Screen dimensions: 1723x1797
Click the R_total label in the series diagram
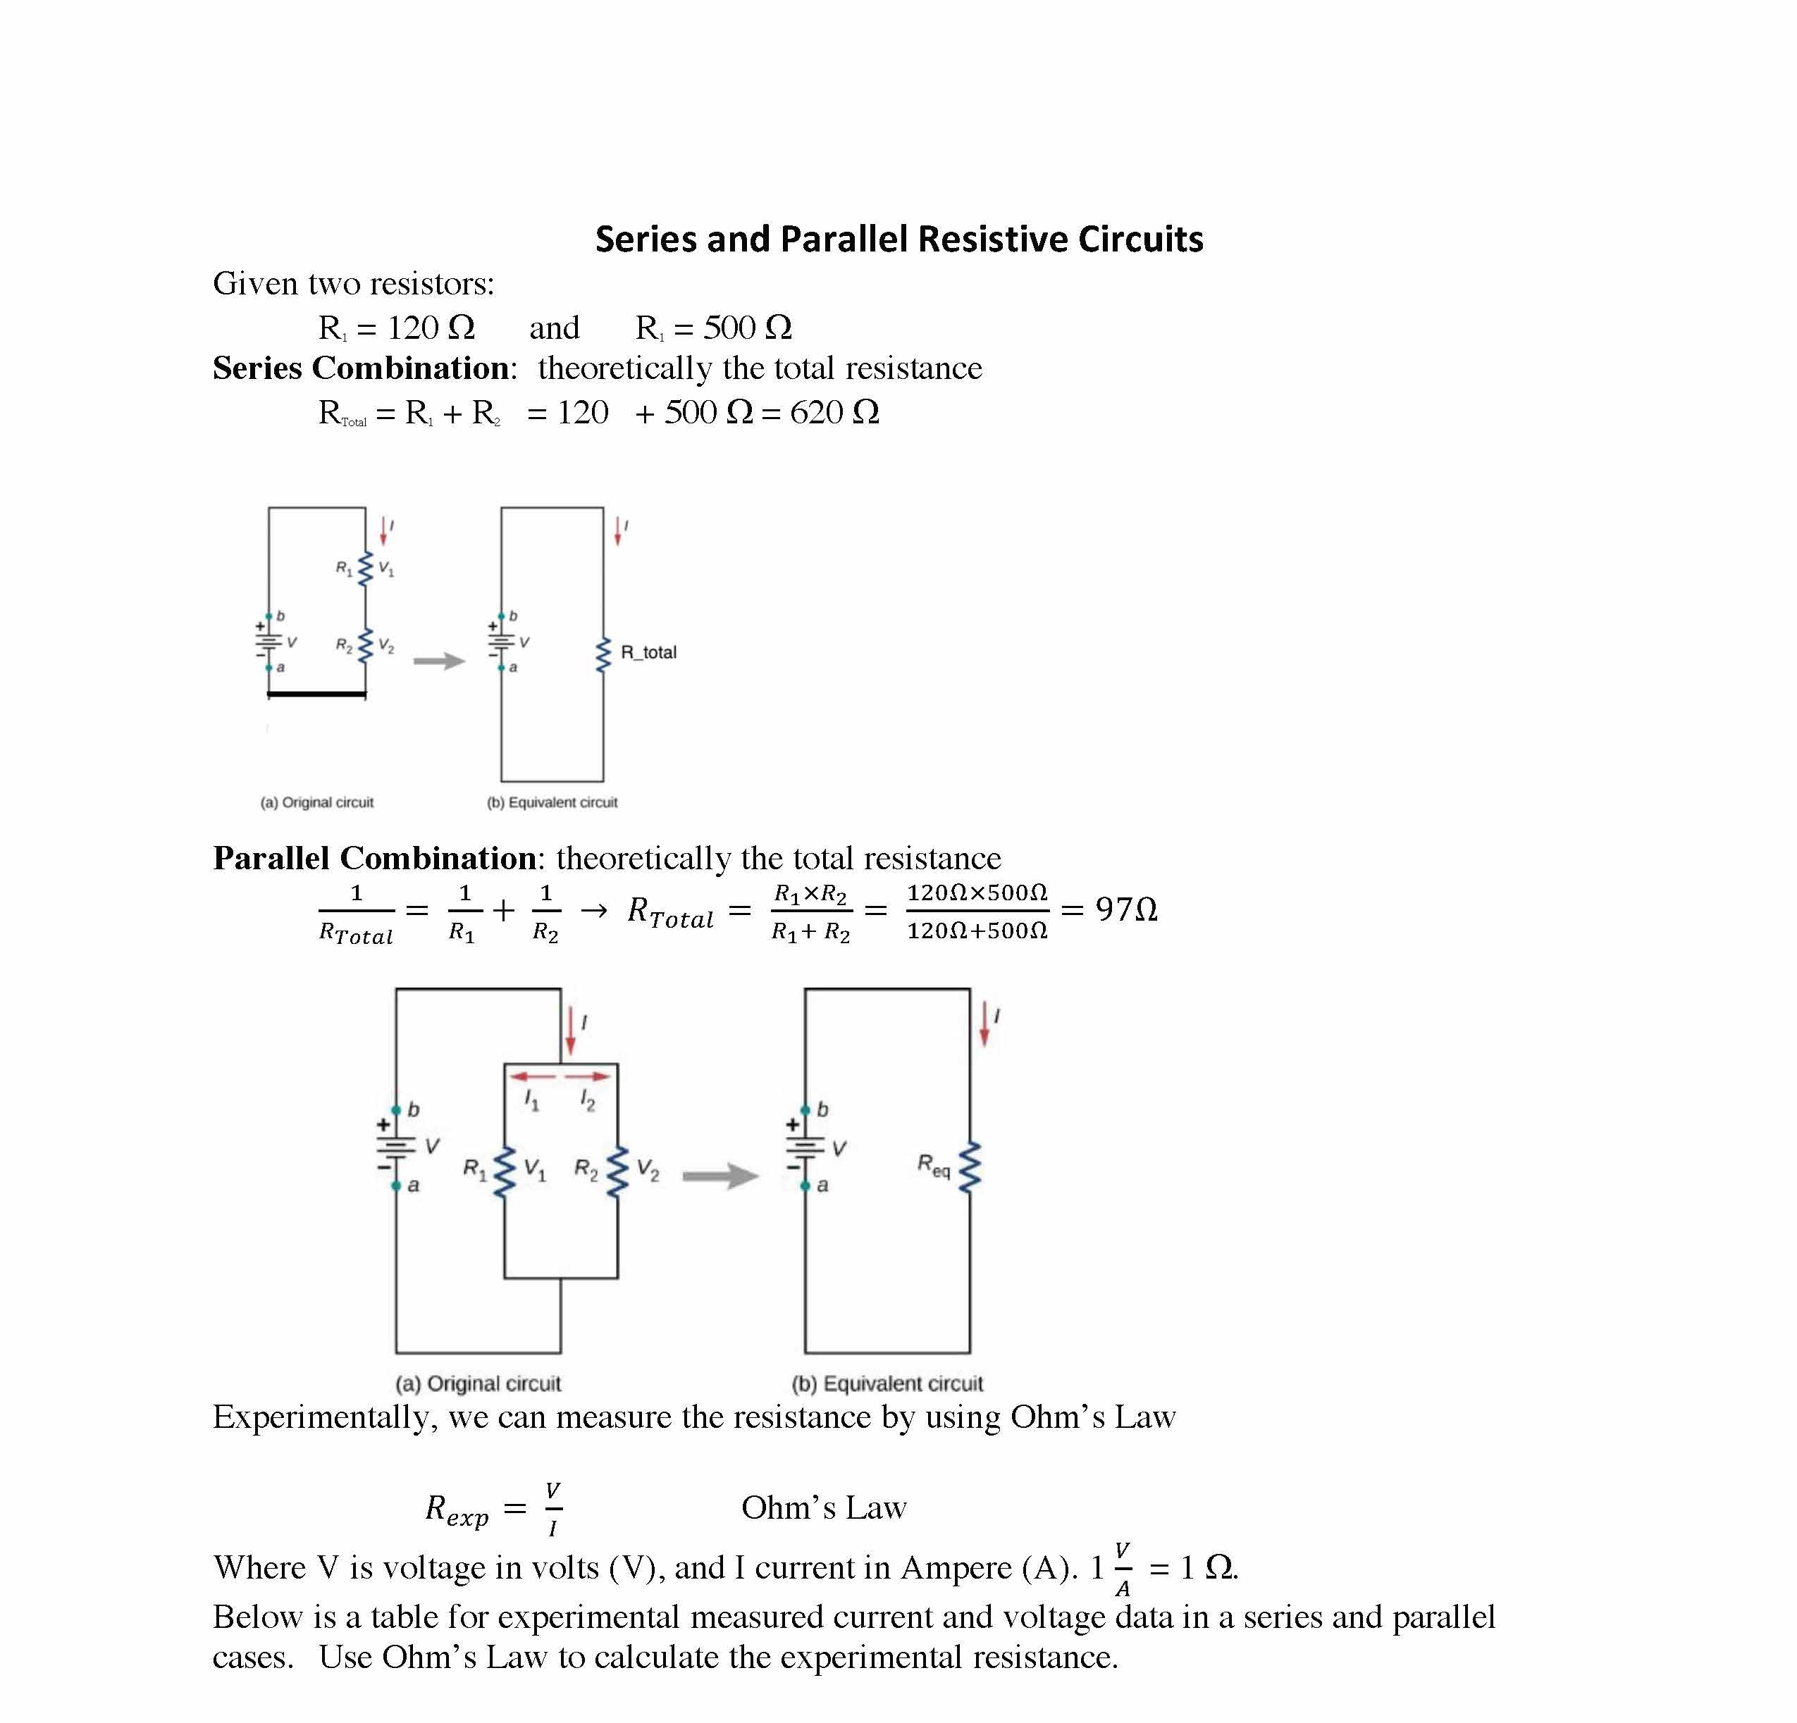(648, 652)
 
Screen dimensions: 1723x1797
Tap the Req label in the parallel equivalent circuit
(933, 1166)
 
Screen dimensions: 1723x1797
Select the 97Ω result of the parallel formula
(1126, 909)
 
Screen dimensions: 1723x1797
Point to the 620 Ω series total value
(834, 412)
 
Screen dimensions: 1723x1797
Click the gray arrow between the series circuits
(439, 661)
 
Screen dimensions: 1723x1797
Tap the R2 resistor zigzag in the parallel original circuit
(618, 1171)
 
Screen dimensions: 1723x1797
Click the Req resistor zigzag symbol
(970, 1169)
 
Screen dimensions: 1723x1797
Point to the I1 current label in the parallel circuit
(532, 1100)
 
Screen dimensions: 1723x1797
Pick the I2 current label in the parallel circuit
(588, 1100)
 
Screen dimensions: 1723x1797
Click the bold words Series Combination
(362, 368)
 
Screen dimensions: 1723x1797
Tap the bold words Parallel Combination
(375, 859)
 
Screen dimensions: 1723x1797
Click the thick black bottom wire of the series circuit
(316, 695)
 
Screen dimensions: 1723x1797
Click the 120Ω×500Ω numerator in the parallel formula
(977, 892)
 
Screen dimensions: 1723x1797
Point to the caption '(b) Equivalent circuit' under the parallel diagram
(887, 1383)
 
